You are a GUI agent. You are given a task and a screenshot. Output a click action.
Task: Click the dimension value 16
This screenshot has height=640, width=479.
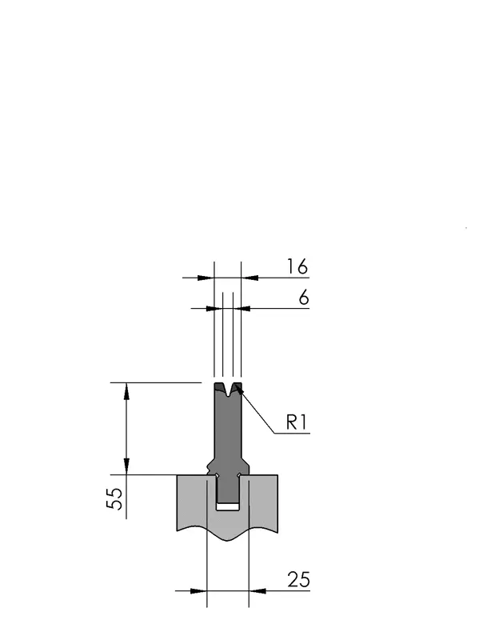click(x=297, y=266)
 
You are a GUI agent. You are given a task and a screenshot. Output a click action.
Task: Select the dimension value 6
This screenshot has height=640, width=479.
click(x=304, y=298)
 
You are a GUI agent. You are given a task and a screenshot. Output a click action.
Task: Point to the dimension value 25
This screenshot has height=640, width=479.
click(x=298, y=579)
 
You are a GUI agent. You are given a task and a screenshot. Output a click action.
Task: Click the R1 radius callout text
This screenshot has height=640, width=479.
click(x=296, y=422)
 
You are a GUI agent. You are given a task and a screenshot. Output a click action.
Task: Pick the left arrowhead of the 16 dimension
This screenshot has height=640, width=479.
click(x=206, y=278)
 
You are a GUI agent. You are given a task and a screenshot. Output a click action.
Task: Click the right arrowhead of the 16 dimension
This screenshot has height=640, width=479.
click(x=249, y=278)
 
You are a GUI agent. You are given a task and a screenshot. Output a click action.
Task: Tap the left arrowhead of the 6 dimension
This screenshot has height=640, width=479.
click(x=214, y=309)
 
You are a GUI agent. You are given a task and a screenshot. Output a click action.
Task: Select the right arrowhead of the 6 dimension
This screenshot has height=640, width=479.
click(x=241, y=309)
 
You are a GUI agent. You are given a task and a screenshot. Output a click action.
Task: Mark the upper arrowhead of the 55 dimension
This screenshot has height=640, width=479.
click(x=126, y=391)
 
